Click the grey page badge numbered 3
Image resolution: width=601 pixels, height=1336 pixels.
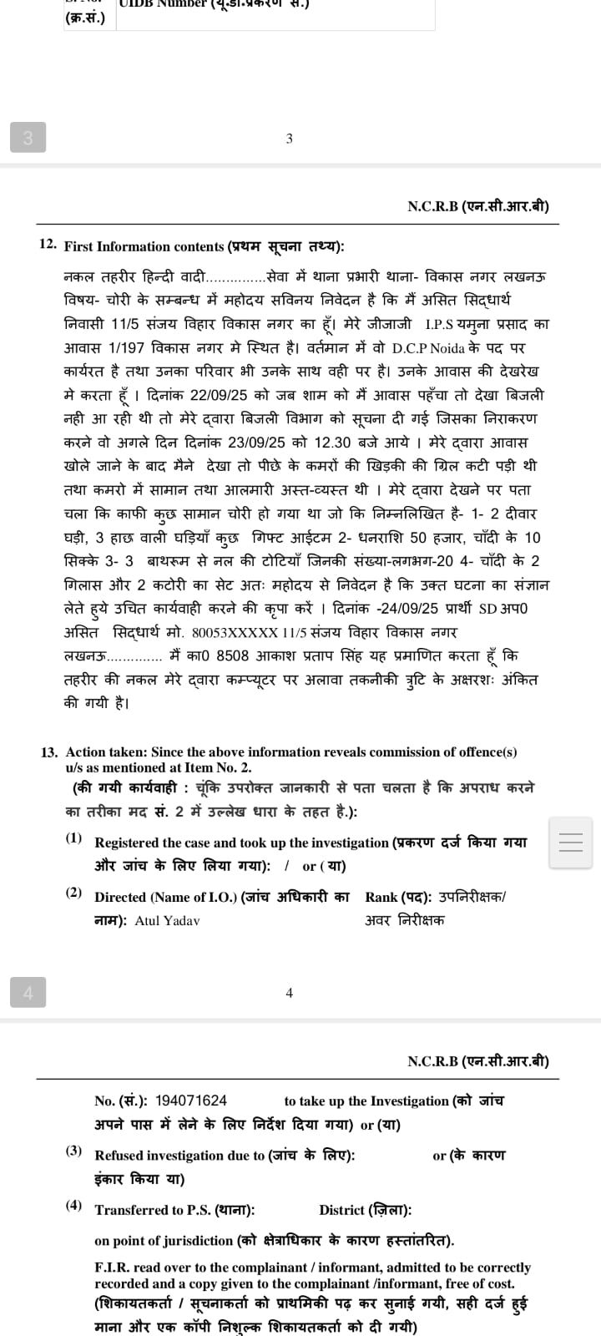click(28, 137)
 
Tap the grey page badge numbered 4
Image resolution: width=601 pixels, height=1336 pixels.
click(28, 992)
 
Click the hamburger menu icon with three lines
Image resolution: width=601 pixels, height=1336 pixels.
click(571, 843)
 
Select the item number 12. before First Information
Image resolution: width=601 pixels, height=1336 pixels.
click(48, 245)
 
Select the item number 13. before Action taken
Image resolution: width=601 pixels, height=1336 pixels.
click(49, 751)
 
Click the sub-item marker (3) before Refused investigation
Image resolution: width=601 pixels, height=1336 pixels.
click(74, 1151)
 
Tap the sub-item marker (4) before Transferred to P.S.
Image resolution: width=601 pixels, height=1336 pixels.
click(74, 1205)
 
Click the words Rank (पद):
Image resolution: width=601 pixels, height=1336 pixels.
click(398, 897)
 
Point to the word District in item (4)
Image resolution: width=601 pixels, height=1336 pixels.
click(342, 1210)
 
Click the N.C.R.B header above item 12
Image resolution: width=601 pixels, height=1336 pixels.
click(477, 206)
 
